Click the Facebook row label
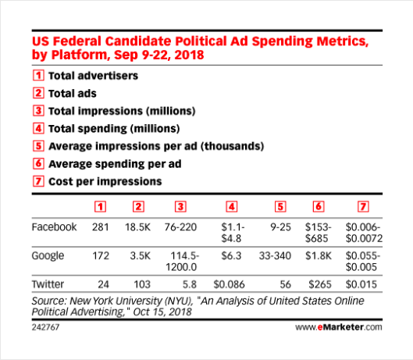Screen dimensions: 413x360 [54, 227]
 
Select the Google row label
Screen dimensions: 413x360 [48, 256]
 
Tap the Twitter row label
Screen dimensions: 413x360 [48, 284]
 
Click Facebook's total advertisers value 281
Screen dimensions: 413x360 [101, 227]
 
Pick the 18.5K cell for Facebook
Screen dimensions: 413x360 [137, 227]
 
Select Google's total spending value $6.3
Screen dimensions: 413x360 [231, 255]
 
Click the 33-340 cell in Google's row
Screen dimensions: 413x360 [275, 255]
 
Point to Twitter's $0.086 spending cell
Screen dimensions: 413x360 [230, 284]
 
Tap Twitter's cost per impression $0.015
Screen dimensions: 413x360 [361, 284]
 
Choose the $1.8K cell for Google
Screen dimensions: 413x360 [319, 255]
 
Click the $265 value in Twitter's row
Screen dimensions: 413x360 [320, 284]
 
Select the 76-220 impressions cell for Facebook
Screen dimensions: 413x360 [180, 227]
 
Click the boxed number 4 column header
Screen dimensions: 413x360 [232, 207]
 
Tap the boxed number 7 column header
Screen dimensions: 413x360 [363, 207]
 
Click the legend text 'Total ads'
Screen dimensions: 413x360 [73, 94]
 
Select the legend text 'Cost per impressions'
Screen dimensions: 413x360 [105, 182]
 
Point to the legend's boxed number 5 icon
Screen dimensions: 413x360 [38, 146]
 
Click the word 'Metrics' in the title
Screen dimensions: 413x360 [343, 41]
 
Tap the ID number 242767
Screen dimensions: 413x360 [45, 327]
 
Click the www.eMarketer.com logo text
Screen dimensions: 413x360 [339, 327]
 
